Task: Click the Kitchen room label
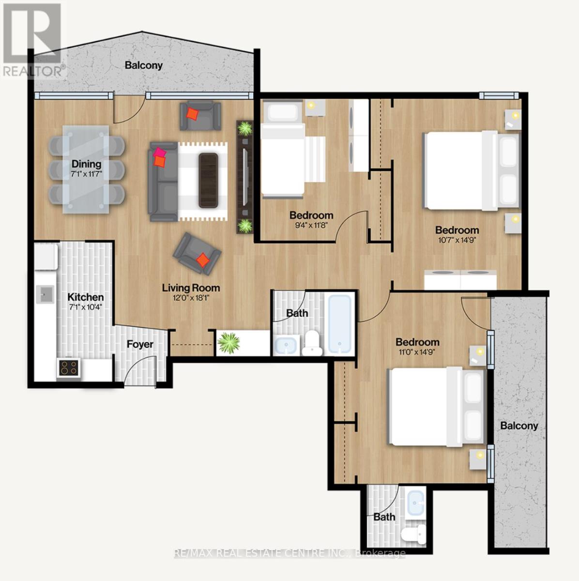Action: [85, 297]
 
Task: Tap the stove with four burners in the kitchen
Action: [68, 368]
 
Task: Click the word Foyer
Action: [140, 344]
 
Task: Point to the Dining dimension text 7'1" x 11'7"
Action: [87, 174]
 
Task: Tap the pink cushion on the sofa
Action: [159, 154]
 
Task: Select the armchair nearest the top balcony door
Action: [200, 115]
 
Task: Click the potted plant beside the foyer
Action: [229, 343]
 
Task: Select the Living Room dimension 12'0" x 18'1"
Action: [191, 298]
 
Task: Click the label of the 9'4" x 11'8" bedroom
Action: [311, 215]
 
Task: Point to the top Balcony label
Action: [144, 65]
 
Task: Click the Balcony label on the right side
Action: [519, 426]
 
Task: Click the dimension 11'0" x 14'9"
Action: [417, 352]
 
